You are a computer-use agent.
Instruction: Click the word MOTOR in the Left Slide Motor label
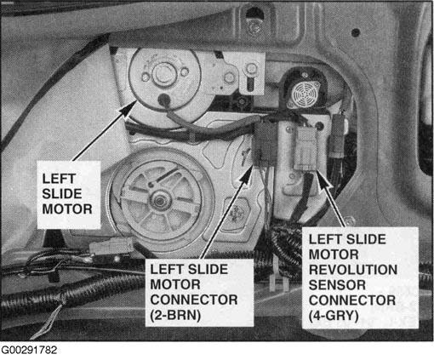(67, 209)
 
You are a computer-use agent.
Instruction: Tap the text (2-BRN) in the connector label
(175, 315)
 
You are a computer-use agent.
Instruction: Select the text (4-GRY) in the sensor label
(334, 316)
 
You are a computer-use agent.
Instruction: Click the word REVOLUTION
(353, 270)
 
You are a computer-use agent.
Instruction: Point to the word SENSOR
(337, 285)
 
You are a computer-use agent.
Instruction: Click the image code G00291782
(29, 350)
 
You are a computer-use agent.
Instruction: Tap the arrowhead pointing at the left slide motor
(129, 107)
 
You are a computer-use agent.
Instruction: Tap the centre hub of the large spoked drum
(159, 201)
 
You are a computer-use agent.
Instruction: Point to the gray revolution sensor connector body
(307, 148)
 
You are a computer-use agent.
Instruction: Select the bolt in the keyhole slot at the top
(254, 27)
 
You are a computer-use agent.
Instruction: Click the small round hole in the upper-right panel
(356, 32)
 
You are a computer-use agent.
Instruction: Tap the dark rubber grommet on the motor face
(164, 100)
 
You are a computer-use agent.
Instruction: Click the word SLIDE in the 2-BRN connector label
(208, 269)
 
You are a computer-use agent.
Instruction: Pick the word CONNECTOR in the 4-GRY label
(352, 300)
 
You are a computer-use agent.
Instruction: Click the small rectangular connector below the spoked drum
(111, 246)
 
